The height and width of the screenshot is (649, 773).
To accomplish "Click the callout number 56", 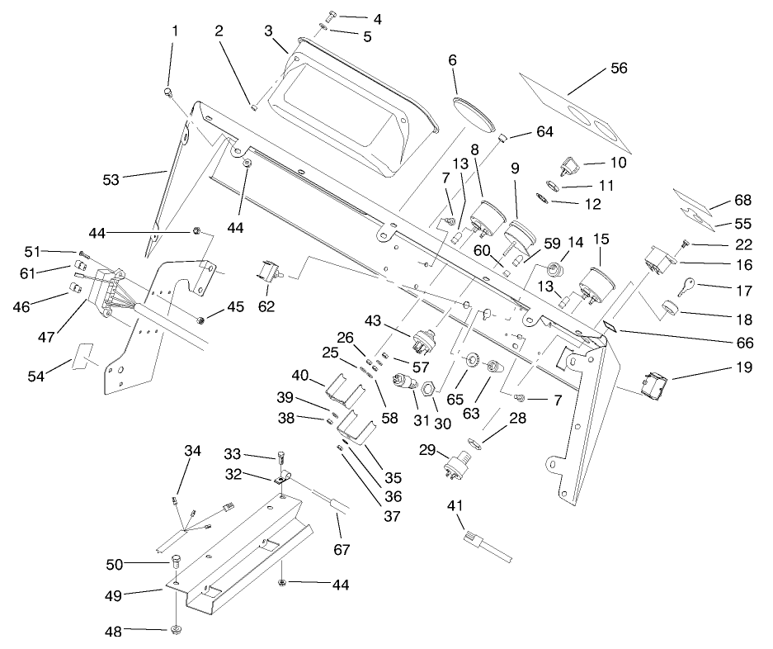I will pos(619,69).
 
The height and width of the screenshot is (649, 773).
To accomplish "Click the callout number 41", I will pos(455,505).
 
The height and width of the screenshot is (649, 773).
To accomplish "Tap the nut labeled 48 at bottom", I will pos(177,632).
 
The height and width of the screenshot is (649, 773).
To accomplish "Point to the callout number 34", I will pos(192,450).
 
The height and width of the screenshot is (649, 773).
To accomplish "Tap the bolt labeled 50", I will pos(176,562).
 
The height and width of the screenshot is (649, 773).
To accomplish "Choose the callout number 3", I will pos(268,31).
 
